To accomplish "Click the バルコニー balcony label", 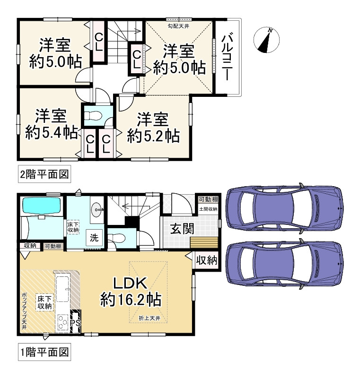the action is point(227,57).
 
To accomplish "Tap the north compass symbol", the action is point(266,40).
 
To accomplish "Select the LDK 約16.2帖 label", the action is point(131,291).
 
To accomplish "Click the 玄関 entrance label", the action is point(182,229).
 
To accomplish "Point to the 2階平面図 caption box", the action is point(44,174).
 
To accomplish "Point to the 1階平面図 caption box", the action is point(44,352).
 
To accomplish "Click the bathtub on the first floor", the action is point(42,206).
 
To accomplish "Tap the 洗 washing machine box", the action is point(94,238).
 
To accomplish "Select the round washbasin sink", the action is point(97,209).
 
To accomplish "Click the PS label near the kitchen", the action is point(75,323).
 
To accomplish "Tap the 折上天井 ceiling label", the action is point(149,318).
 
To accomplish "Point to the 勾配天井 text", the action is point(178,26).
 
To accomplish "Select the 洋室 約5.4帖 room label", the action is point(51,124).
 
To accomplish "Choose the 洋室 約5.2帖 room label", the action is point(153,127).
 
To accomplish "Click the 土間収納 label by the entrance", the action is point(208,209).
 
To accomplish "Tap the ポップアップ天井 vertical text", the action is point(24,311).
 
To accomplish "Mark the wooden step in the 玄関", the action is point(204,242).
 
